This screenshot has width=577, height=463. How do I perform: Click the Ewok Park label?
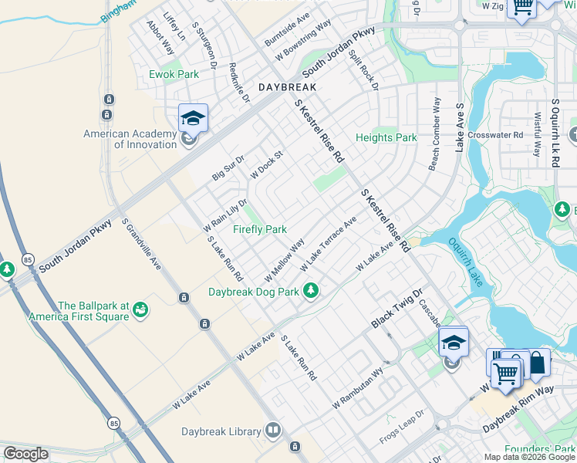[174, 75]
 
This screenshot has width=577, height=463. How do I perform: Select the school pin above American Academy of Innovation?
[193, 118]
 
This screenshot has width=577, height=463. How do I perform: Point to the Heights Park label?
[386, 138]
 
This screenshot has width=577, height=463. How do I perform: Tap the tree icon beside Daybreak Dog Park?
[311, 291]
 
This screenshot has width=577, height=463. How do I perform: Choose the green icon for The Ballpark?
[140, 310]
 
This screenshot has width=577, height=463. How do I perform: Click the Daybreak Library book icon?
[272, 430]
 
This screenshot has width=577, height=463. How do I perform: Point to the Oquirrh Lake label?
[464, 262]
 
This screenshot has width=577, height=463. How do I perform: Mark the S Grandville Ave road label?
[141, 243]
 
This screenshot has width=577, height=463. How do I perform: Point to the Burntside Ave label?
[287, 28]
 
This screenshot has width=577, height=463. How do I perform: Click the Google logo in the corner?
[25, 454]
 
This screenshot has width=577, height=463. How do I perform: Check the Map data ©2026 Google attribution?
[528, 457]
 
